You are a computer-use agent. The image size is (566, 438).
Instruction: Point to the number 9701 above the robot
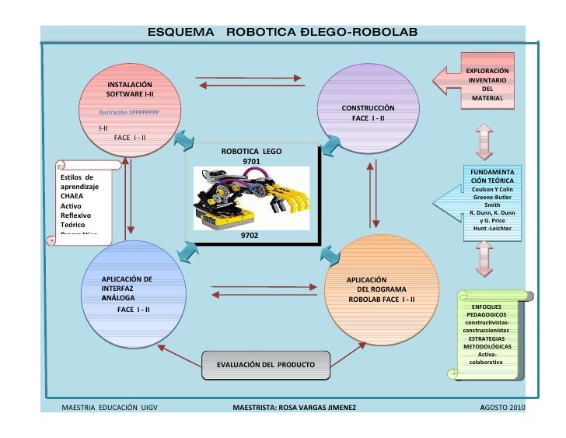click(x=252, y=163)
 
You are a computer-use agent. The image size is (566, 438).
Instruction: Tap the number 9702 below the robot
click(x=250, y=233)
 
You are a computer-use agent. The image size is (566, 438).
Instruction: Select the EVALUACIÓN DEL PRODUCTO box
click(x=265, y=364)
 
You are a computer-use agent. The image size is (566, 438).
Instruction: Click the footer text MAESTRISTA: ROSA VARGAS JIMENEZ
click(x=295, y=408)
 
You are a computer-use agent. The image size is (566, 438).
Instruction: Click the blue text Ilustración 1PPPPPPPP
click(x=128, y=113)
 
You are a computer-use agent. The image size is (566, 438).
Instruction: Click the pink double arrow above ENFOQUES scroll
click(x=484, y=259)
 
